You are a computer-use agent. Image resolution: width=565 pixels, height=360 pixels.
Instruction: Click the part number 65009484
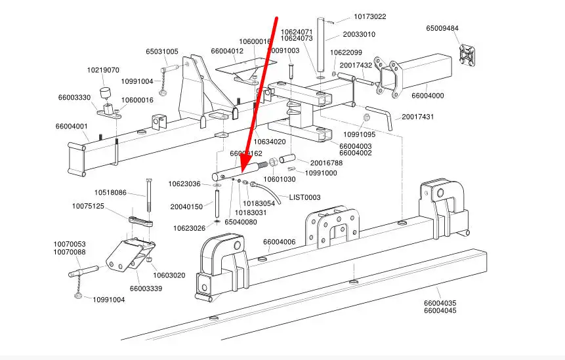(442, 29)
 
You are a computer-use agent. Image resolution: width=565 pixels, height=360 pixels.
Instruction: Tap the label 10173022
(370, 16)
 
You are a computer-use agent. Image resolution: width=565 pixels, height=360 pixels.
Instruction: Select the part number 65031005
(162, 51)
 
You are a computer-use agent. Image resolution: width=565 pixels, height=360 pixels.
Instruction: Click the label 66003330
(74, 97)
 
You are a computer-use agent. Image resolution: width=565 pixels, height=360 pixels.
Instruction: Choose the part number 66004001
(72, 126)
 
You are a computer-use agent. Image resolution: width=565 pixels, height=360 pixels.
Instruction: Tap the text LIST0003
(304, 197)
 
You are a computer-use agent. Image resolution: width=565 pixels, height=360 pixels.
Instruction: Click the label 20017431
(418, 117)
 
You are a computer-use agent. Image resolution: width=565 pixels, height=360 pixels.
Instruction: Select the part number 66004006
(280, 242)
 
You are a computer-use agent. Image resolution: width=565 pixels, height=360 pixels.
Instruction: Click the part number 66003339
(146, 288)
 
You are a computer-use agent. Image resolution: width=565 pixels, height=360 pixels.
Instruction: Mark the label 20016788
(326, 163)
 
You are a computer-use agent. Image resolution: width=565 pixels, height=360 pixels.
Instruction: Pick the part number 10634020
(270, 142)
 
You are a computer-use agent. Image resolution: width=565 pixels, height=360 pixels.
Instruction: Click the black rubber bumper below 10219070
(105, 91)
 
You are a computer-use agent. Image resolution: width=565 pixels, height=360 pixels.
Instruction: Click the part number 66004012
(227, 51)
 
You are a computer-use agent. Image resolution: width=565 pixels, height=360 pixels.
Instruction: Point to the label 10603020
(169, 275)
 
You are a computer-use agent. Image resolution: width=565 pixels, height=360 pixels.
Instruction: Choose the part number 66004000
(428, 96)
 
